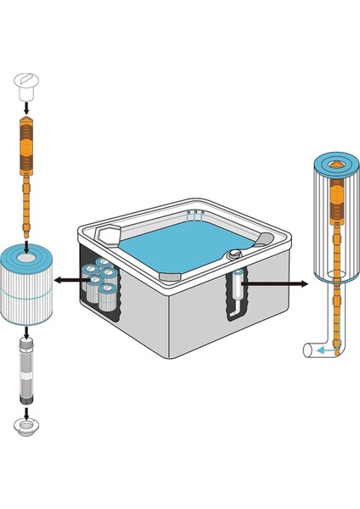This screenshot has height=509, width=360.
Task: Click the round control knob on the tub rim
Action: click(233, 254)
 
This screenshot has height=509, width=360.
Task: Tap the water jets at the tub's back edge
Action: click(194, 215)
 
